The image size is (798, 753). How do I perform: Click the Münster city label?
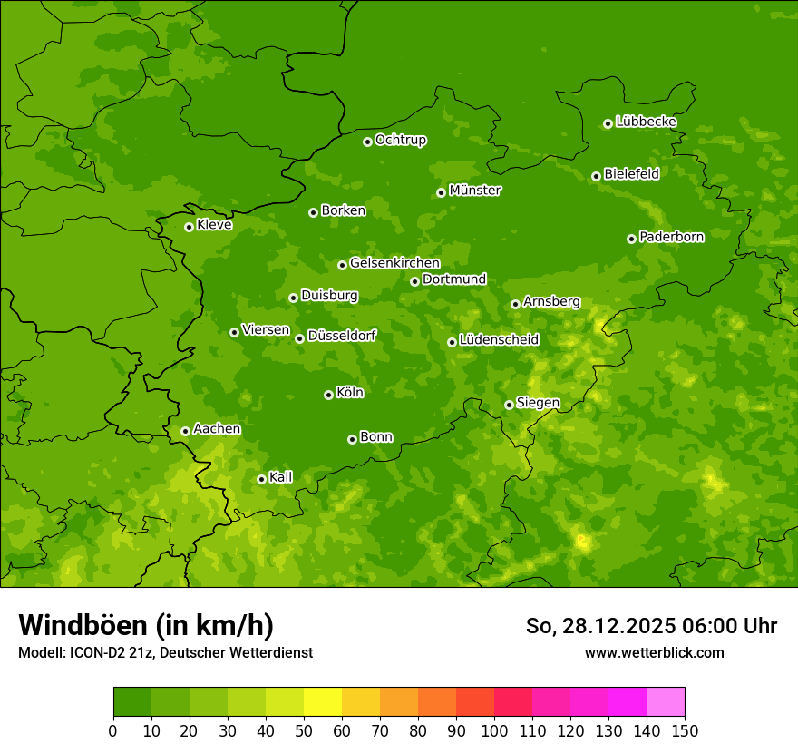tap(474, 191)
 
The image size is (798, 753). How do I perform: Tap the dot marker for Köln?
tap(328, 395)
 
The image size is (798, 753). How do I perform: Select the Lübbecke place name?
tap(646, 122)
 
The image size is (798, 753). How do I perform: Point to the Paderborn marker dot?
tap(631, 239)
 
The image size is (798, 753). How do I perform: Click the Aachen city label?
tap(217, 429)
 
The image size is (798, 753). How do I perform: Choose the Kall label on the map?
tap(281, 477)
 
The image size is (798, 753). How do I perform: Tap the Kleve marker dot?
tap(189, 227)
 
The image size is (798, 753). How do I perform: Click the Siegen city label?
tap(538, 403)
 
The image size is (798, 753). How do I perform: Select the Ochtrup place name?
tap(400, 140)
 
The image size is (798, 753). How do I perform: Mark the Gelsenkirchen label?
tap(394, 263)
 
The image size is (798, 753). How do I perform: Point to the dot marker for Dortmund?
tap(414, 281)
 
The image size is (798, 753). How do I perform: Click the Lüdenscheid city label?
tap(499, 340)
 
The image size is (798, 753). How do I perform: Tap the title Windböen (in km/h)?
tap(146, 625)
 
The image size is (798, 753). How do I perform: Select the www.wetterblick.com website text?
tap(654, 652)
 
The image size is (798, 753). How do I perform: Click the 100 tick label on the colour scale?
tap(494, 730)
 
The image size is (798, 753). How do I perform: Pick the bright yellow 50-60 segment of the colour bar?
tap(323, 702)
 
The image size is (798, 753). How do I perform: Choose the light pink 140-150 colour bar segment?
tap(666, 702)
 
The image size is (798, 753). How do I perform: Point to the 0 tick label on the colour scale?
tap(113, 730)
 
